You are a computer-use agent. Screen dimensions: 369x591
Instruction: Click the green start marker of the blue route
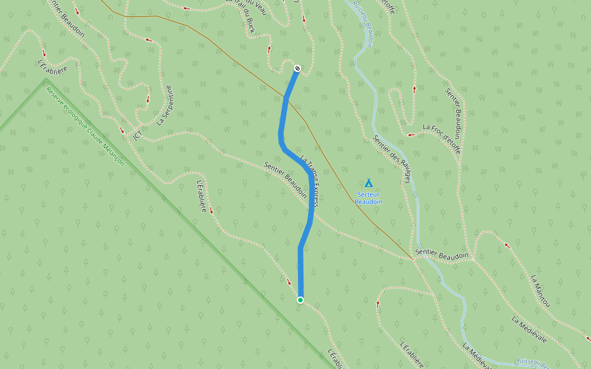pyautogui.click(x=300, y=300)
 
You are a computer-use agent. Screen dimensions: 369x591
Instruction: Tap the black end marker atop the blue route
pyautogui.click(x=297, y=68)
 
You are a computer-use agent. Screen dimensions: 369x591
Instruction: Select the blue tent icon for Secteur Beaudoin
pyautogui.click(x=369, y=183)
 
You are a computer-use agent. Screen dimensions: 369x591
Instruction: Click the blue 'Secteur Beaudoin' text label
pyautogui.click(x=369, y=198)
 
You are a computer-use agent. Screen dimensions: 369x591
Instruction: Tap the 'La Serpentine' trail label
pyautogui.click(x=163, y=105)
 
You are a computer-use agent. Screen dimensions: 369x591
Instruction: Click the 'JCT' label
pyautogui.click(x=138, y=134)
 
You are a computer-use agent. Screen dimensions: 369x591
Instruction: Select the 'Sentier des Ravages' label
pyautogui.click(x=392, y=159)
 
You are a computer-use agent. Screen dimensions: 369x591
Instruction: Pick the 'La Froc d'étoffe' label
pyautogui.click(x=441, y=131)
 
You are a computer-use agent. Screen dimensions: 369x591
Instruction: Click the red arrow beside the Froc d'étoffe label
pyautogui.click(x=411, y=134)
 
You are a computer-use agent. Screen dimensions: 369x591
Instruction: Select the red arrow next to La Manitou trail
pyautogui.click(x=507, y=245)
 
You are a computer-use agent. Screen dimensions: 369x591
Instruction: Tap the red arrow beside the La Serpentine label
pyautogui.click(x=148, y=98)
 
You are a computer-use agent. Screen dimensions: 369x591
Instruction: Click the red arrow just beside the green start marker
pyautogui.click(x=289, y=283)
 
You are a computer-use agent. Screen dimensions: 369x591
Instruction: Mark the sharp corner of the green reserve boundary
pyautogui.click(x=46, y=80)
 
